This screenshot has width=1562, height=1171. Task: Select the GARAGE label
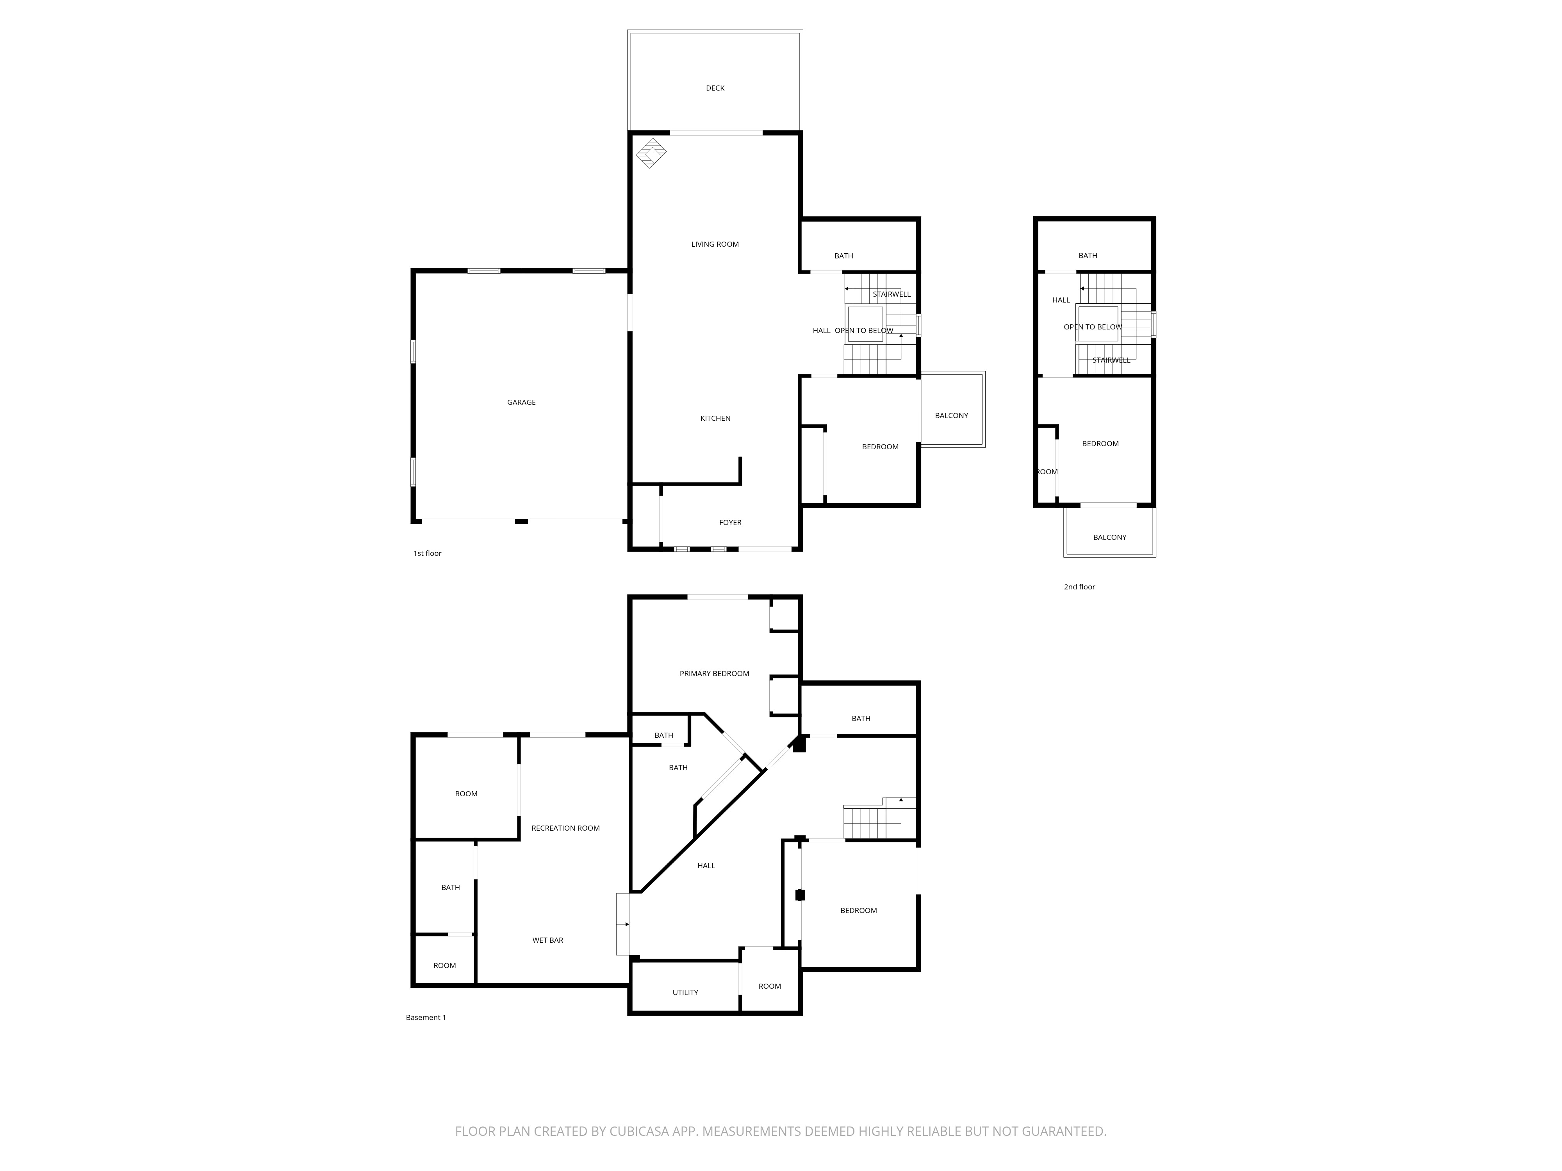521,402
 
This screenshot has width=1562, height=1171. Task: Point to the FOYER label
730,523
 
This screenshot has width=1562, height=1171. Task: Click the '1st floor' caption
427,553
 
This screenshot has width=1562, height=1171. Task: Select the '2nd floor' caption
1079,587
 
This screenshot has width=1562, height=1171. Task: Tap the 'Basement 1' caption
426,1018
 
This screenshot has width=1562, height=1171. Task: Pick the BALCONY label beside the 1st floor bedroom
951,416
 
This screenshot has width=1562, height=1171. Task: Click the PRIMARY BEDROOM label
714,674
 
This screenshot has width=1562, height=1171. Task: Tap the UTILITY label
685,993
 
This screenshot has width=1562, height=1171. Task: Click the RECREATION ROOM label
565,829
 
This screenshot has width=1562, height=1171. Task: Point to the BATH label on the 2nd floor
1088,256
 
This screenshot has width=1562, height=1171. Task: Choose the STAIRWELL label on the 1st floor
891,294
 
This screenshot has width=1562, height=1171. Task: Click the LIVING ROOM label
715,245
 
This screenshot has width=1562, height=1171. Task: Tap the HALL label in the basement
706,866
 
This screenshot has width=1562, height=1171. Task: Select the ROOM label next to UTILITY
770,987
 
